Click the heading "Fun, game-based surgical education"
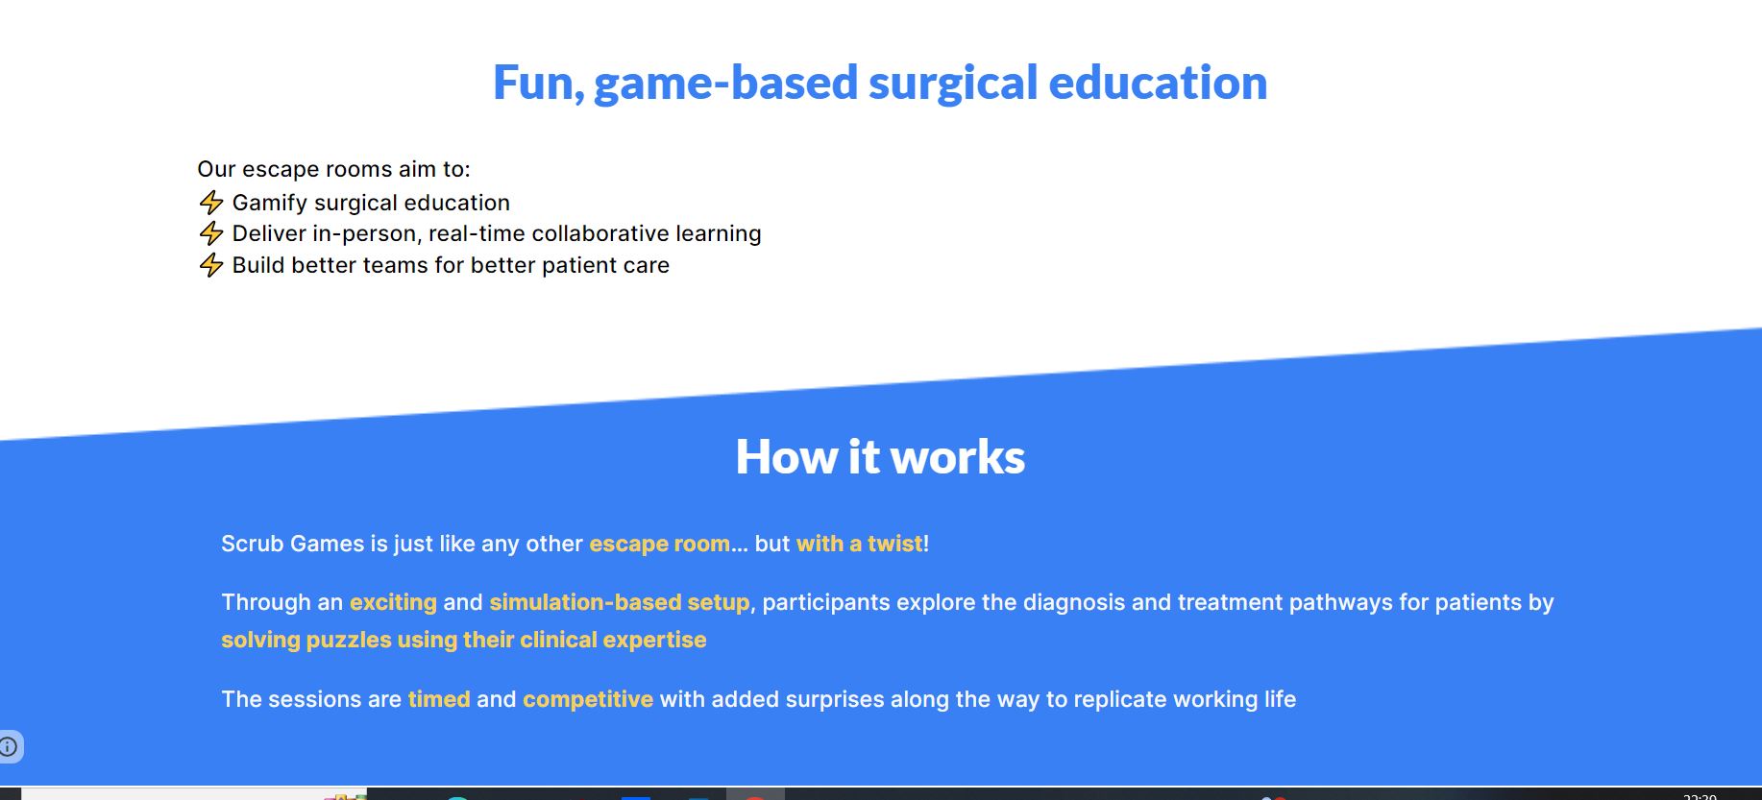(x=880, y=84)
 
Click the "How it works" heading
(x=880, y=457)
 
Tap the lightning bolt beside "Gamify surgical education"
(x=211, y=203)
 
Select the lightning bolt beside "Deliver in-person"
(x=211, y=233)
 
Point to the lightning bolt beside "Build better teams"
(x=211, y=265)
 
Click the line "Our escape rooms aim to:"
(x=333, y=170)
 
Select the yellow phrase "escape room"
(x=660, y=544)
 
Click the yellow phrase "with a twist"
(x=860, y=544)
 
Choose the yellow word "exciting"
(x=393, y=603)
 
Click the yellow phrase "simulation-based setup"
(x=620, y=603)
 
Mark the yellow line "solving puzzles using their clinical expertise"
(x=464, y=641)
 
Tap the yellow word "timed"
(x=439, y=699)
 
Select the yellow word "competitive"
(x=588, y=700)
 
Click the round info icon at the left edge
(x=8, y=746)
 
